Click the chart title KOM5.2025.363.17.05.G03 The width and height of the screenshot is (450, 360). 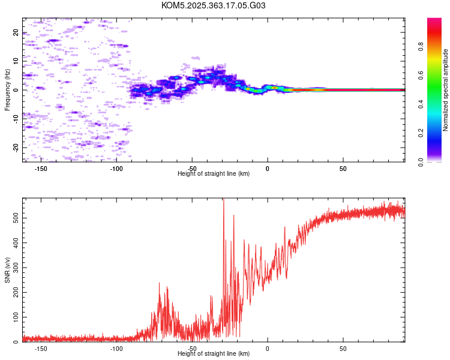[213, 5]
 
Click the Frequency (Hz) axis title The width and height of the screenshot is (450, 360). [7, 90]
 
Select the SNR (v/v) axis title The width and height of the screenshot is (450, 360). [7, 270]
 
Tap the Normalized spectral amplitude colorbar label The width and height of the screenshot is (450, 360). [445, 90]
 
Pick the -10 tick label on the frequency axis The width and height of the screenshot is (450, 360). [16, 119]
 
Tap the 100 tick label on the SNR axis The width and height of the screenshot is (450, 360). [16, 317]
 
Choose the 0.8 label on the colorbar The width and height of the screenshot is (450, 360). [421, 47]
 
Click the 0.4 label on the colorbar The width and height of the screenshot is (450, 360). [421, 104]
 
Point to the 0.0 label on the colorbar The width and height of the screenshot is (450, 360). [421, 162]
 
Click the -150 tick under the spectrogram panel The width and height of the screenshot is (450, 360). [41, 169]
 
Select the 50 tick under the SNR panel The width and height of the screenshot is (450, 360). [343, 349]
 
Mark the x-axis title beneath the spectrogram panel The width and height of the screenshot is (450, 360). [214, 173]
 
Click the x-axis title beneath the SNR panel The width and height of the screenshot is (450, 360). [214, 353]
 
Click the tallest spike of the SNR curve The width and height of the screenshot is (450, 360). [224, 199]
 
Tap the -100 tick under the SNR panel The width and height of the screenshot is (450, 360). [116, 349]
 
